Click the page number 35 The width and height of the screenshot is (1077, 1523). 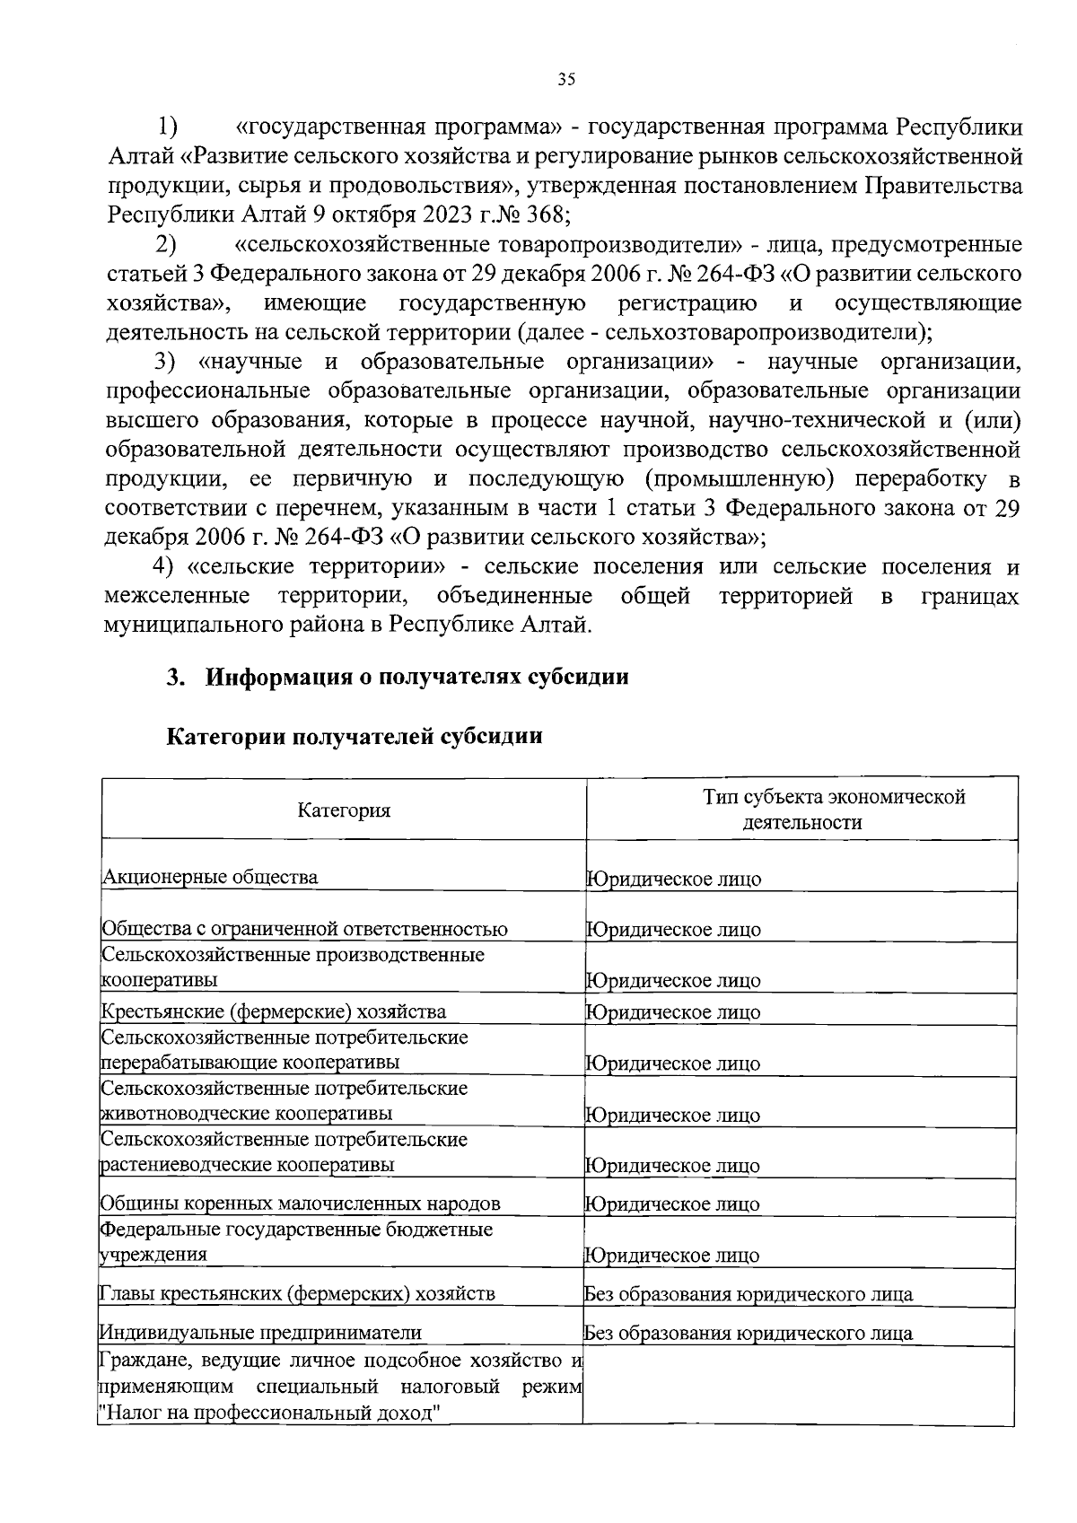click(x=565, y=79)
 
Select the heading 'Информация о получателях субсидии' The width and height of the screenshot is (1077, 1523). click(x=417, y=677)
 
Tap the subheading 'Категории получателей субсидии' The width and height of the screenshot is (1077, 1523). click(x=355, y=737)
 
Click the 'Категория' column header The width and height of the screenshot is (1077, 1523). click(x=345, y=810)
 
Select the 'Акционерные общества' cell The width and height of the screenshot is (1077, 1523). click(x=210, y=877)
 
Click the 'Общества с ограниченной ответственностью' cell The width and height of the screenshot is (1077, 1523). click(x=305, y=929)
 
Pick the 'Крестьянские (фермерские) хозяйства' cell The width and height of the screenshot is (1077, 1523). click(x=274, y=1012)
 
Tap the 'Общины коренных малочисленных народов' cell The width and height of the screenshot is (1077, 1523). click(x=301, y=1204)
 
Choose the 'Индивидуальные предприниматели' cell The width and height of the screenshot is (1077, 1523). click(x=260, y=1333)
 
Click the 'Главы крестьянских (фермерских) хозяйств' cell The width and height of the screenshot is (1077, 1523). click(x=297, y=1293)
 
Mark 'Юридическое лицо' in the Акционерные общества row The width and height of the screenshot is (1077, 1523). click(x=674, y=879)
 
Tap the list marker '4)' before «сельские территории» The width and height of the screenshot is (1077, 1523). click(x=162, y=567)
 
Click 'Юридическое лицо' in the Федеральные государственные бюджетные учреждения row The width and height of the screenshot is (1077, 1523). click(x=672, y=1256)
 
